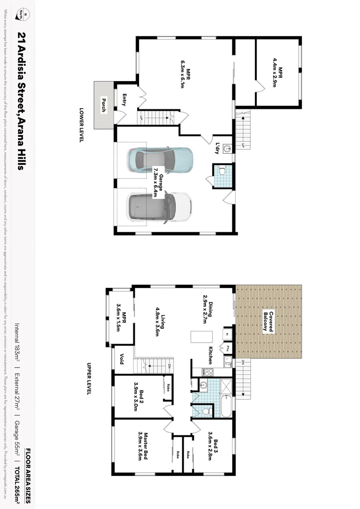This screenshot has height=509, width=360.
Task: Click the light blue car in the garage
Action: [160, 160]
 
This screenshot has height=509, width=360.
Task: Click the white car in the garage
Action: [160, 206]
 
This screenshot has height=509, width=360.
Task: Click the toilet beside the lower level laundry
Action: [222, 171]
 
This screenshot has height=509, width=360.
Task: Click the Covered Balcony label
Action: [268, 321]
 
